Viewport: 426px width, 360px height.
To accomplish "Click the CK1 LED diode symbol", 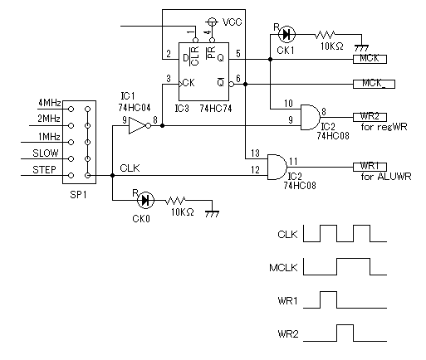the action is pyautogui.click(x=286, y=34).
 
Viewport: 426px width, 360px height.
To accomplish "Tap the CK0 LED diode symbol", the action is pyautogui.click(x=145, y=200).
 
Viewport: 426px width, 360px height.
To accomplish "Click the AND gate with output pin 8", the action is pyautogui.click(x=311, y=117).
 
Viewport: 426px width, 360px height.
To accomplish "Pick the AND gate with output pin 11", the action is pyautogui.click(x=277, y=167).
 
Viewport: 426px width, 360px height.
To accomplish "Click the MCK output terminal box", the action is pyautogui.click(x=370, y=59).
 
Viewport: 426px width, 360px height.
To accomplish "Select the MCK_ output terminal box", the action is pyautogui.click(x=374, y=84).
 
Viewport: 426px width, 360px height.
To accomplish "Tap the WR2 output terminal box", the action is pyautogui.click(x=370, y=117).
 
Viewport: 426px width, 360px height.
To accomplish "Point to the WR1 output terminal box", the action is pyautogui.click(x=370, y=167).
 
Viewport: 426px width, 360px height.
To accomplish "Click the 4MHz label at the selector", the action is pyautogui.click(x=50, y=103).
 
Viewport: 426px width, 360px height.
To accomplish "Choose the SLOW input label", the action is pyautogui.click(x=46, y=153).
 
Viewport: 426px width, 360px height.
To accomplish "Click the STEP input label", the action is pyautogui.click(x=44, y=169).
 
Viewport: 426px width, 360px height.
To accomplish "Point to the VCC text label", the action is pyautogui.click(x=232, y=22).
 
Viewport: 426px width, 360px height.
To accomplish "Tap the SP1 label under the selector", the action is pyautogui.click(x=78, y=195).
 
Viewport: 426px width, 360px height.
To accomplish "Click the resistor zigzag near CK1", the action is pyautogui.click(x=325, y=35).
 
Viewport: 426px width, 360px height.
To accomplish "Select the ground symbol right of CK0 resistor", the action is pyautogui.click(x=213, y=214).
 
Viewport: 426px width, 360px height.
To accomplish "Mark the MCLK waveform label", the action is pyautogui.click(x=283, y=268).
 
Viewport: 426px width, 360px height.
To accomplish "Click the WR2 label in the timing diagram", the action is pyautogui.click(x=288, y=333).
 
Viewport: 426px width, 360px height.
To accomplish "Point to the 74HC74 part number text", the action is pyautogui.click(x=216, y=109).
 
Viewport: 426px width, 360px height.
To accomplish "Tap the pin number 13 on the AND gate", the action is pyautogui.click(x=255, y=153).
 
